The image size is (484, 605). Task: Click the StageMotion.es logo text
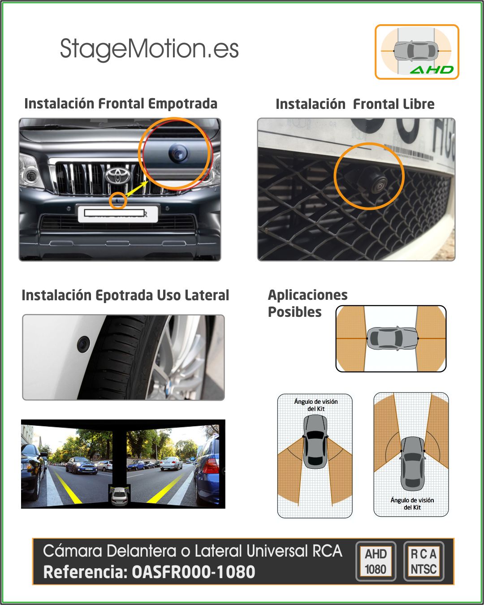point(149,49)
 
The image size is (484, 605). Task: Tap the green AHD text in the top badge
point(432,69)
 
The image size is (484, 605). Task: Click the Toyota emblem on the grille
point(118,175)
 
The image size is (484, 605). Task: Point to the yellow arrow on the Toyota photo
point(137,188)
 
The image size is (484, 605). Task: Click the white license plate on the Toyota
point(118,214)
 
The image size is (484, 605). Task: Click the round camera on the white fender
point(83,344)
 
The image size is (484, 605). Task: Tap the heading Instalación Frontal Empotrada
point(121,104)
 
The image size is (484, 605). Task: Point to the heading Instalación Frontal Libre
point(355,104)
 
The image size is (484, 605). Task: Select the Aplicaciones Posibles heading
point(308,303)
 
